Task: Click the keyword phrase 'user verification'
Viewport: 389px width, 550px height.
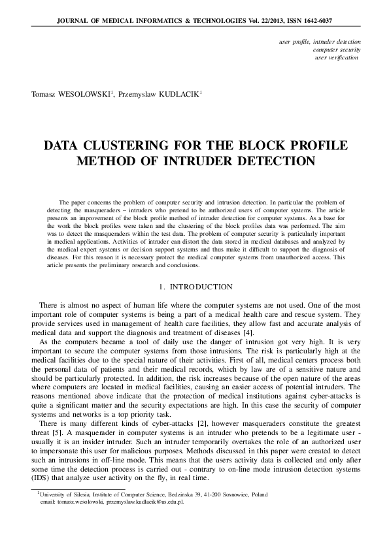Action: (x=336, y=57)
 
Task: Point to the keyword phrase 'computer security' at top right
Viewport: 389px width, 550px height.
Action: (x=337, y=50)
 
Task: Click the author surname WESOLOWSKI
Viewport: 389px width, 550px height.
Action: (x=87, y=94)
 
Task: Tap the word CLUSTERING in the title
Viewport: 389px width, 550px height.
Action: (x=129, y=145)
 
